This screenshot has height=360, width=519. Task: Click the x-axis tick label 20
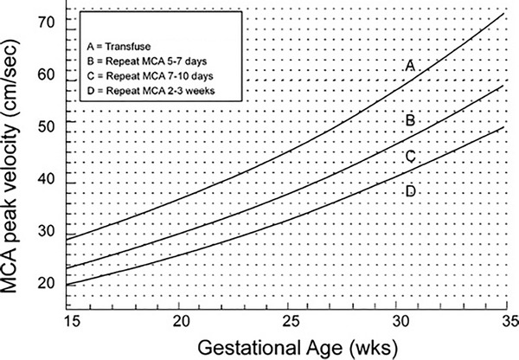pyautogui.click(x=182, y=320)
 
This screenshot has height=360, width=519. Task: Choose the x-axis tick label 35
pyautogui.click(x=504, y=320)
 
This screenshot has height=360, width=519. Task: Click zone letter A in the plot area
pyautogui.click(x=412, y=67)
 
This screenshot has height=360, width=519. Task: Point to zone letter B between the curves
pyautogui.click(x=412, y=120)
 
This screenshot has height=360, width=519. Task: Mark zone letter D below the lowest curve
pyautogui.click(x=412, y=190)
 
